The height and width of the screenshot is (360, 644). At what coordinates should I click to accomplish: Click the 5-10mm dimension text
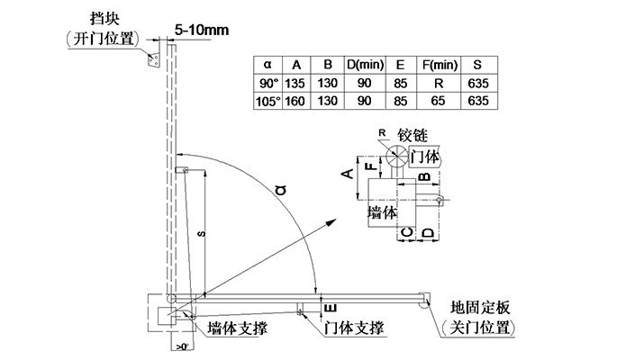point(202,31)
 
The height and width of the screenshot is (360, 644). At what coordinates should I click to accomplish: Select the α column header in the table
point(267,64)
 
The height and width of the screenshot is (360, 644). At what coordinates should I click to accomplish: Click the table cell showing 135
point(296,83)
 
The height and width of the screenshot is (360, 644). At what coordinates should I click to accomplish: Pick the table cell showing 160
point(296,101)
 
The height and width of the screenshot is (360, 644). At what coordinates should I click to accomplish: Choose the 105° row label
point(268,101)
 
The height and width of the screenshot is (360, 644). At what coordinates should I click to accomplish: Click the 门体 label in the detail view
point(424,156)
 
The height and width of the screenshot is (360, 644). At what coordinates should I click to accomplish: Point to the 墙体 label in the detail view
point(384,213)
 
